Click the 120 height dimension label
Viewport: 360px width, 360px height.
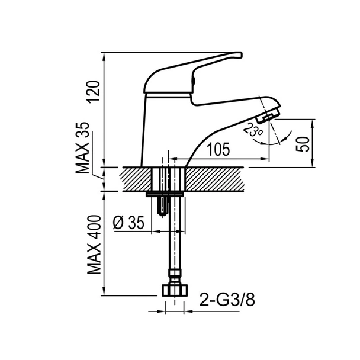click(x=94, y=92)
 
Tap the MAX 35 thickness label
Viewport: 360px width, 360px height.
click(x=82, y=148)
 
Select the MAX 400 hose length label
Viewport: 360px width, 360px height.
click(x=94, y=245)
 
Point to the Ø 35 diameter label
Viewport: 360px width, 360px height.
click(x=128, y=223)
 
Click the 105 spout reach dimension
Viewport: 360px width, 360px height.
click(x=218, y=149)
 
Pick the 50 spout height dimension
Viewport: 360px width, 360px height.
click(x=303, y=144)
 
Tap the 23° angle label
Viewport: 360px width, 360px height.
click(x=253, y=130)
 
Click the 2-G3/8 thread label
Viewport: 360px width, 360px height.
click(x=227, y=300)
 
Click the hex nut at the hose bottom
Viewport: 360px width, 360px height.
click(x=175, y=290)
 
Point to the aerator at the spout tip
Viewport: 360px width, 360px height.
click(x=268, y=115)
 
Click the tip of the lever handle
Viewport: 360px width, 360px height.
click(x=241, y=55)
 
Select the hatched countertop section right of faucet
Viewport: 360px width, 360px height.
click(x=214, y=179)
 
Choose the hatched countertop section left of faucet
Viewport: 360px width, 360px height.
click(x=136, y=179)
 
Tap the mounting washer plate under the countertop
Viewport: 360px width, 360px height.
click(x=165, y=194)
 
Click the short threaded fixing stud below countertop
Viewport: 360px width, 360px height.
click(x=163, y=207)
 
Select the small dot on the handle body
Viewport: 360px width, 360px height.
click(x=193, y=81)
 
